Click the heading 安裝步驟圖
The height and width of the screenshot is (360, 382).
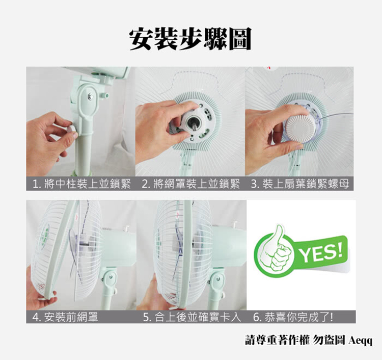[x=190, y=39]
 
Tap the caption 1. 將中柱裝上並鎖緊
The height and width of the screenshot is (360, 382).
[x=81, y=184]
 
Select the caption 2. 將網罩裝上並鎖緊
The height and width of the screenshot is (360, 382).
[x=191, y=184]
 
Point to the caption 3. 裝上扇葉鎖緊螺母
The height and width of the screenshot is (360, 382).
[x=300, y=184]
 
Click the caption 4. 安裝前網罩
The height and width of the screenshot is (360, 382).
[x=65, y=317]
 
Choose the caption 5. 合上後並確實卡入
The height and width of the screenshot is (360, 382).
[x=192, y=317]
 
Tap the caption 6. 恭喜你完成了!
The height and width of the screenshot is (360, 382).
[x=293, y=317]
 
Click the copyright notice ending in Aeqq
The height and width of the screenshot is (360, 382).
[x=309, y=340]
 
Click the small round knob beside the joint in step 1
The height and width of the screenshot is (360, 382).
[x=106, y=95]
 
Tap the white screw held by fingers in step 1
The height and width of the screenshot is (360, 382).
[x=72, y=129]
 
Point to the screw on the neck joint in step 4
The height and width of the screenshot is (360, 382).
[x=110, y=276]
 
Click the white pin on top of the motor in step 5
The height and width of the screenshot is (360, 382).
[x=235, y=224]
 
